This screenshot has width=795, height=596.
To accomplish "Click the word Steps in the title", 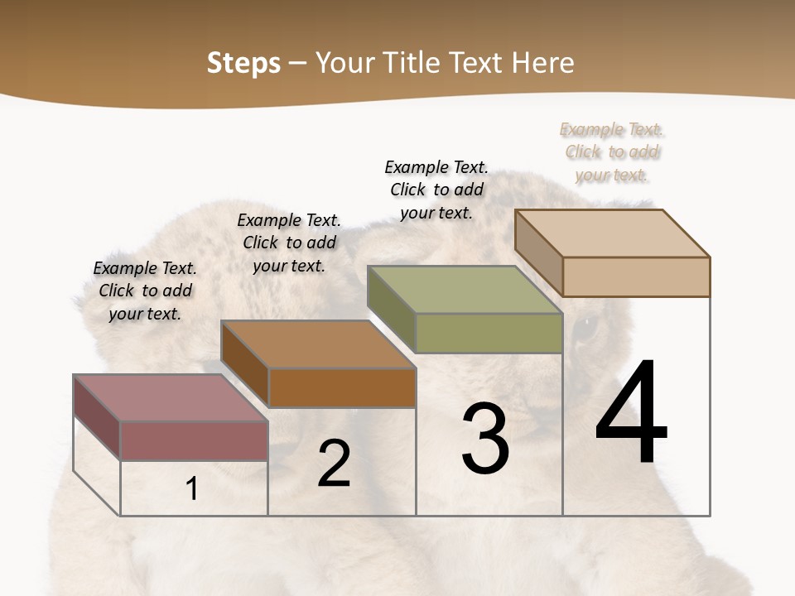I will (243, 63).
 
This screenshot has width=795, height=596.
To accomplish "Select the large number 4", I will (631, 414).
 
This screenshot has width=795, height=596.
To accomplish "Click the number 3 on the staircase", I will (485, 439).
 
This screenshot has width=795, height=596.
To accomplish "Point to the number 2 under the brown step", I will (334, 464).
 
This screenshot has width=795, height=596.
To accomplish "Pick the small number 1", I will (192, 489).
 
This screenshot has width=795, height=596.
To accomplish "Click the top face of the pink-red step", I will (170, 398).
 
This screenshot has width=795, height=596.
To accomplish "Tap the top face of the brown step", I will (318, 344).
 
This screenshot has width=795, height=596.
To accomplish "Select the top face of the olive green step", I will (464, 290).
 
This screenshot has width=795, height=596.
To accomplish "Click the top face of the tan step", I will (612, 233).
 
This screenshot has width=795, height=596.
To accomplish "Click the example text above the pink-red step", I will (145, 291).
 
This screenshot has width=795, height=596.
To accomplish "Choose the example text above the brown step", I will (289, 243).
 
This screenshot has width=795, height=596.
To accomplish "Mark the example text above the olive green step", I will (436, 190).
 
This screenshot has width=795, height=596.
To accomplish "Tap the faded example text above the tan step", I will (612, 152).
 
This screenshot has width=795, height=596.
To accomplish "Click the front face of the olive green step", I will (489, 334).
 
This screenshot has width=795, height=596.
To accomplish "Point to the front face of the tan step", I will (636, 276).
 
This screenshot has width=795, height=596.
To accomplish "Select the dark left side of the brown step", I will (245, 364).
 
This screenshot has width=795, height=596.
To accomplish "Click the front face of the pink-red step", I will (194, 440).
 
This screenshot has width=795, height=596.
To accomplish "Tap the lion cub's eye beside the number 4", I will (585, 329).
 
